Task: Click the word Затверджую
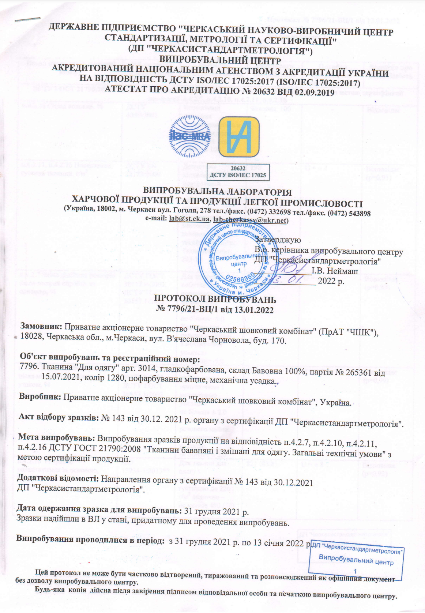coord(278,240)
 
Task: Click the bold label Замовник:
coord(42,326)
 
